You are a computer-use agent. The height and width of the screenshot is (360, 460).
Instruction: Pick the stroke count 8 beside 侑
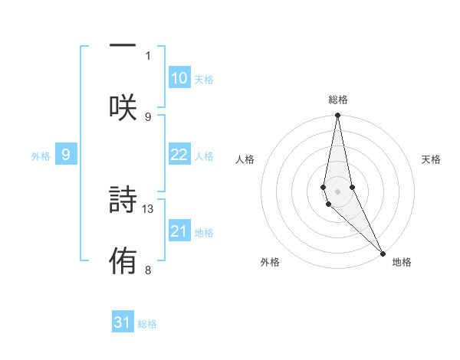148,270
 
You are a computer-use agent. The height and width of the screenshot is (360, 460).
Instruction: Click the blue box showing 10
179,78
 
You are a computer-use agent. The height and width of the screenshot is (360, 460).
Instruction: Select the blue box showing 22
179,155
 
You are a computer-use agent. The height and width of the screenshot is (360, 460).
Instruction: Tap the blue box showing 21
179,231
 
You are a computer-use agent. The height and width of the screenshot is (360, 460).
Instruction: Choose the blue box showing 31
123,322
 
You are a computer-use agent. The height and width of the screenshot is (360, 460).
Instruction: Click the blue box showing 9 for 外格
66,155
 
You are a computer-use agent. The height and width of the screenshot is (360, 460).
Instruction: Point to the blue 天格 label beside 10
204,80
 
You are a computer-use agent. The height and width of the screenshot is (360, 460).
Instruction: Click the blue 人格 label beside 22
204,156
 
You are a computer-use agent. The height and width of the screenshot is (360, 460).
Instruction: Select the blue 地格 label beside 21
204,233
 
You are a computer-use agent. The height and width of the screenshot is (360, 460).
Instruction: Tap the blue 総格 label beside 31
147,324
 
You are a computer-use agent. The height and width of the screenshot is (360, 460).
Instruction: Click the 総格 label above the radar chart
338,100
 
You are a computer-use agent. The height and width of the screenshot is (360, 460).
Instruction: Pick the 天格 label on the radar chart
432,159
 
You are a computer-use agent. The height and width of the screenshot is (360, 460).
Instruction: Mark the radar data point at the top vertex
337,116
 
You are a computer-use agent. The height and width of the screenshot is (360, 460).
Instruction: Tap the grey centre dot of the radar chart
337,191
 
